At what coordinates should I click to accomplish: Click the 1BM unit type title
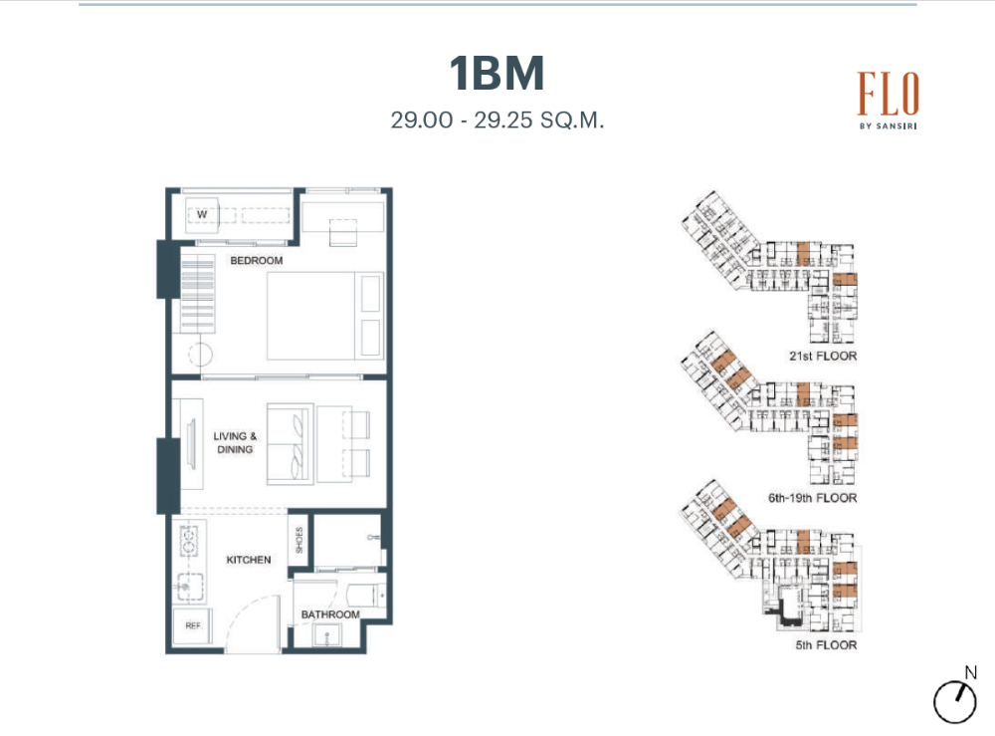coord(497,73)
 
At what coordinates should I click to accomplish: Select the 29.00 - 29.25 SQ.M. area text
coord(497,121)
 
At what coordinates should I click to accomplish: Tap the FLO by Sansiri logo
coord(888,100)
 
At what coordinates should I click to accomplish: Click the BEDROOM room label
coord(257,260)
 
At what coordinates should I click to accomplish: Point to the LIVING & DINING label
coord(235,442)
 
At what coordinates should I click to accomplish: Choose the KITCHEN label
coord(249,560)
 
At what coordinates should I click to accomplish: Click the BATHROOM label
coord(330,614)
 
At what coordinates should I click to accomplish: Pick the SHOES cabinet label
coord(298,540)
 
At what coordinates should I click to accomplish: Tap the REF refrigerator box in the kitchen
coord(192,626)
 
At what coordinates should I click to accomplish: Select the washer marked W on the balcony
coord(202,214)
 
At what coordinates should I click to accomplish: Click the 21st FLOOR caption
coord(823,357)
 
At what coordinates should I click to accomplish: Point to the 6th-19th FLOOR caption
coord(812,498)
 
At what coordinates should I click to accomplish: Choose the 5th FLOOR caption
coord(826,645)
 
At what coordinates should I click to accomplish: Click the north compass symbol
coord(955,697)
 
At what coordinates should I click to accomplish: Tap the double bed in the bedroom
coord(325,316)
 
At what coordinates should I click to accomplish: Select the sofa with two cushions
coord(290,443)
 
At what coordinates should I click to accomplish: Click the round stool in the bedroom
coord(201,355)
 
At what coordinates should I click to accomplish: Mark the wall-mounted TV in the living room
coord(191,443)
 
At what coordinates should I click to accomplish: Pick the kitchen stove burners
coord(189,541)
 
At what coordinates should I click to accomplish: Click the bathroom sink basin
coord(326,635)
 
